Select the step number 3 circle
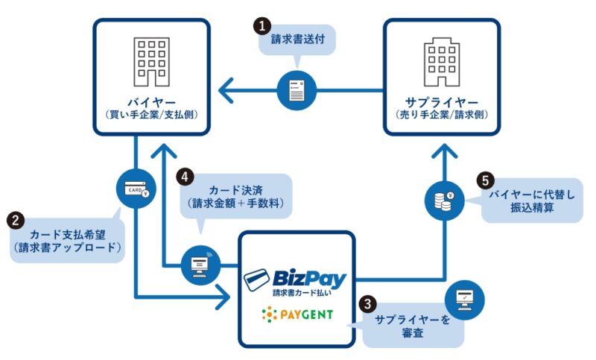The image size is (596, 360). pyautogui.click(x=366, y=303)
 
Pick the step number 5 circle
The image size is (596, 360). pyautogui.click(x=484, y=180)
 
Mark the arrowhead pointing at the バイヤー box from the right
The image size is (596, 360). pyautogui.click(x=229, y=92)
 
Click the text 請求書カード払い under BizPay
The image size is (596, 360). pyautogui.click(x=305, y=294)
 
